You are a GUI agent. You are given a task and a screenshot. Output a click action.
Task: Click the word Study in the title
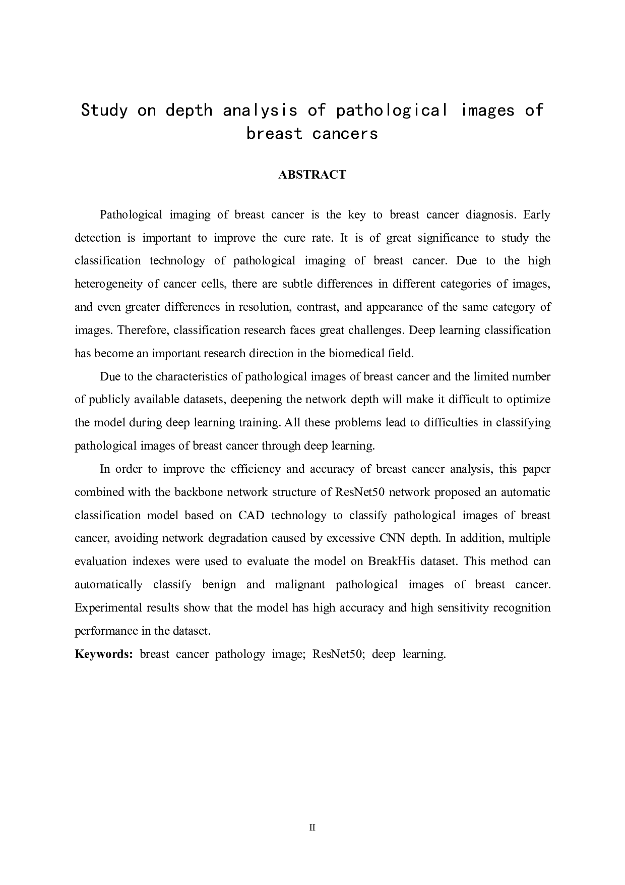pos(104,110)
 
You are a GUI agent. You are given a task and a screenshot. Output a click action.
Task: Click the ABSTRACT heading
pos(312,175)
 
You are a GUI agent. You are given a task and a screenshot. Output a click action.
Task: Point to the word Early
pos(536,214)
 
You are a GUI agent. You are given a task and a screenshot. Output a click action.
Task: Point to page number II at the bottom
pos(312,827)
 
